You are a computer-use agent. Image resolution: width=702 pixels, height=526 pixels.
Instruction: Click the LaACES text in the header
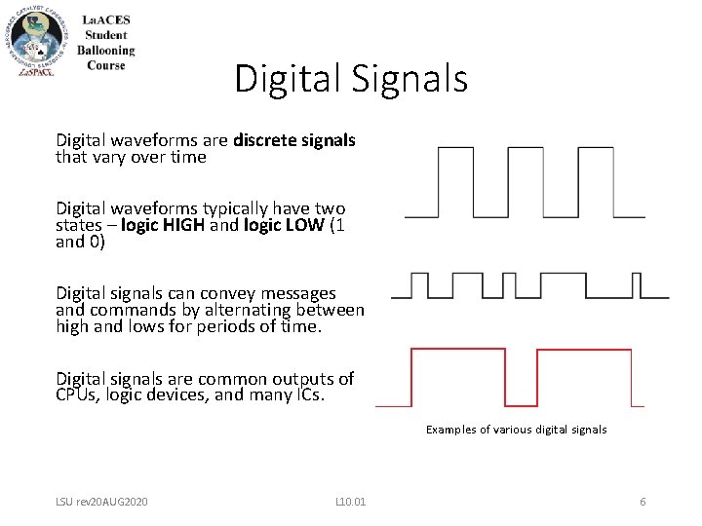point(110,19)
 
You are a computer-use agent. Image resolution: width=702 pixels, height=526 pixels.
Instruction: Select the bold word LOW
point(295,225)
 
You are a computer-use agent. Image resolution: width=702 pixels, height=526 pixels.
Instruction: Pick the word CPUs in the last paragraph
point(78,394)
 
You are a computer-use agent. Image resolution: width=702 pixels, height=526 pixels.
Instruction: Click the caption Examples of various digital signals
point(516,430)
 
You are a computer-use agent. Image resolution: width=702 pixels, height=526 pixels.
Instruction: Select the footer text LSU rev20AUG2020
point(102,502)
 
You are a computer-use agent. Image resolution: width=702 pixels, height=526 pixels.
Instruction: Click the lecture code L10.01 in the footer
point(350,502)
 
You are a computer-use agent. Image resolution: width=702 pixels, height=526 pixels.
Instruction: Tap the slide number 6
point(643,502)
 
